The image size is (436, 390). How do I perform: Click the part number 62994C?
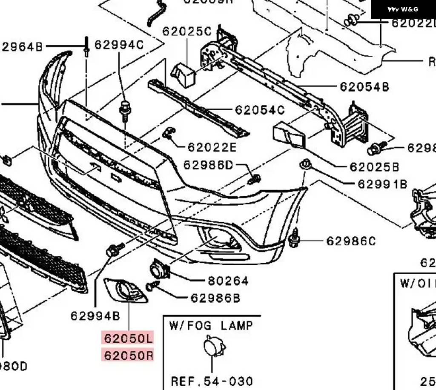[119, 45]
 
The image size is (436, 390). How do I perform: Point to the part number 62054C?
[259, 110]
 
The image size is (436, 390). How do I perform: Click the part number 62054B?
[364, 87]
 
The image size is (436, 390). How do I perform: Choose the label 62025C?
[186, 32]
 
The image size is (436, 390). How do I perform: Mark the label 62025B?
[374, 167]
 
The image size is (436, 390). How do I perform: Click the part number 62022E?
[212, 147]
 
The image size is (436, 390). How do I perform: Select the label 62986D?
[208, 165]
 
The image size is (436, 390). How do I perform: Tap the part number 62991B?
[382, 184]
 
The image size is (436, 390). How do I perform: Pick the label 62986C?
[351, 241]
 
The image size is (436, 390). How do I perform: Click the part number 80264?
[228, 281]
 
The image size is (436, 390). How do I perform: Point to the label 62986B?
[215, 298]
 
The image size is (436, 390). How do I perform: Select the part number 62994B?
[95, 315]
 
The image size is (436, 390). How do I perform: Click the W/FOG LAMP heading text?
[211, 326]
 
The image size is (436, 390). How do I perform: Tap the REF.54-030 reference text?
[212, 381]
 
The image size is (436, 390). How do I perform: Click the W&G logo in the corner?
[403, 9]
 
